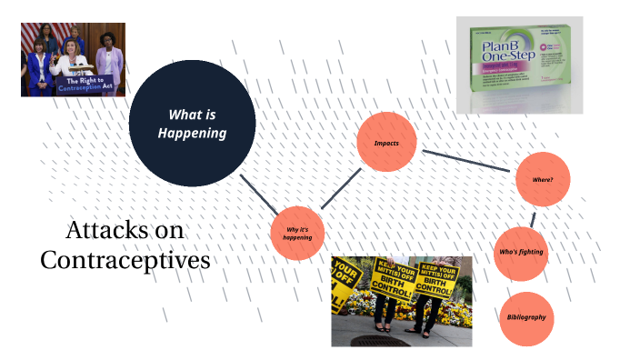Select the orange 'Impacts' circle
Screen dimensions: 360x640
pos(386,144)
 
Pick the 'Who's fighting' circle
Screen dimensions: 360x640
pos(522,252)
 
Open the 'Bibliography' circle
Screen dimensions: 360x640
pos(526,317)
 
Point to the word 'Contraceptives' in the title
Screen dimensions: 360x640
pos(125,259)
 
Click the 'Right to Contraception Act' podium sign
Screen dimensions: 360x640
pos(77,85)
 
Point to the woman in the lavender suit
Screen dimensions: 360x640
pos(109,62)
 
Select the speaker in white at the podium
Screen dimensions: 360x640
pos(72,59)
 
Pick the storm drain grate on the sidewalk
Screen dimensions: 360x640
pos(374,341)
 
